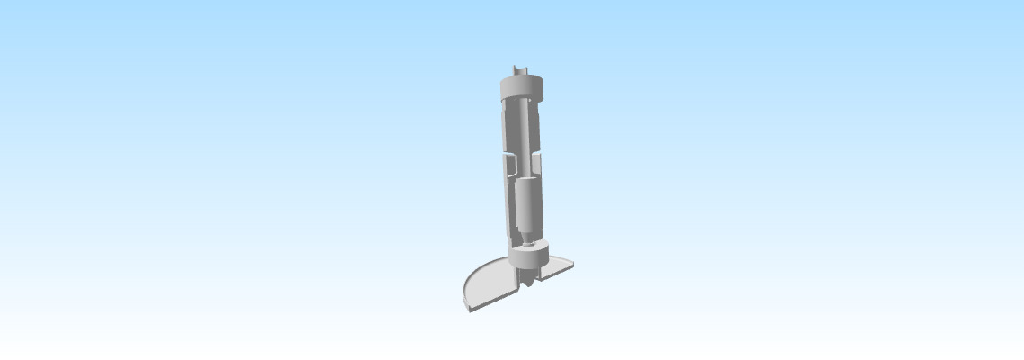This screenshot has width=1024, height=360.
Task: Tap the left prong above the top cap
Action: [514, 69]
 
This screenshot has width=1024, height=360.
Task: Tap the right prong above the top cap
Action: [527, 70]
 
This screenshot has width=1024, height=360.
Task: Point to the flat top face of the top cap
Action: [523, 79]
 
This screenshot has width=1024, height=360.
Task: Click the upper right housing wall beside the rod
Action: [537, 126]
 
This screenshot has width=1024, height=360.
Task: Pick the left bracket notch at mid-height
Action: [508, 166]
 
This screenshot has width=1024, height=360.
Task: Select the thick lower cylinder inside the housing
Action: [529, 205]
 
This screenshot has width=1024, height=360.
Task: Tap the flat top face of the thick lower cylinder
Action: [528, 181]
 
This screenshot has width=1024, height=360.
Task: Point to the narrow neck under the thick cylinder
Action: [528, 237]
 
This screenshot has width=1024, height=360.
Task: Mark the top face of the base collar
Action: [529, 247]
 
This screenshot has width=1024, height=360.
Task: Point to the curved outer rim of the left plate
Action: [466, 292]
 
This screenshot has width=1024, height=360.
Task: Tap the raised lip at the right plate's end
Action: [572, 264]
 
